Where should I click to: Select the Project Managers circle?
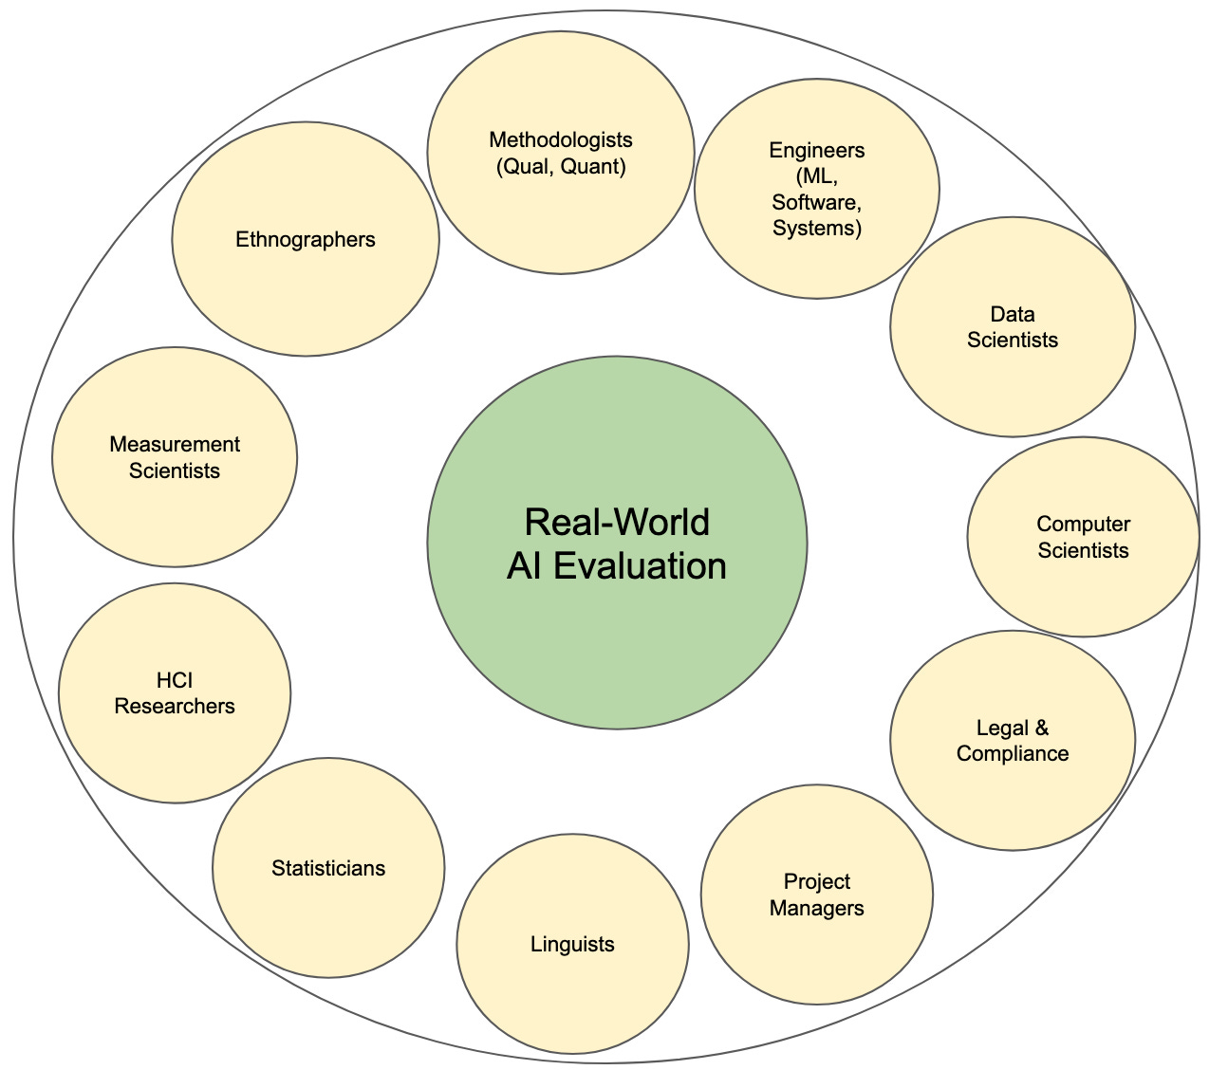pos(816,949)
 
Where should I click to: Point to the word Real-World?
pos(617,523)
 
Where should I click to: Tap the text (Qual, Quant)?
pos(560,167)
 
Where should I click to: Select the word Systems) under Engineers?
pos(816,228)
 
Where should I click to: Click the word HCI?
pos(175,680)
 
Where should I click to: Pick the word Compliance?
pos(1013,753)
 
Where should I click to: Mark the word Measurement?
pos(175,444)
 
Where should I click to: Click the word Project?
pos(816,882)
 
